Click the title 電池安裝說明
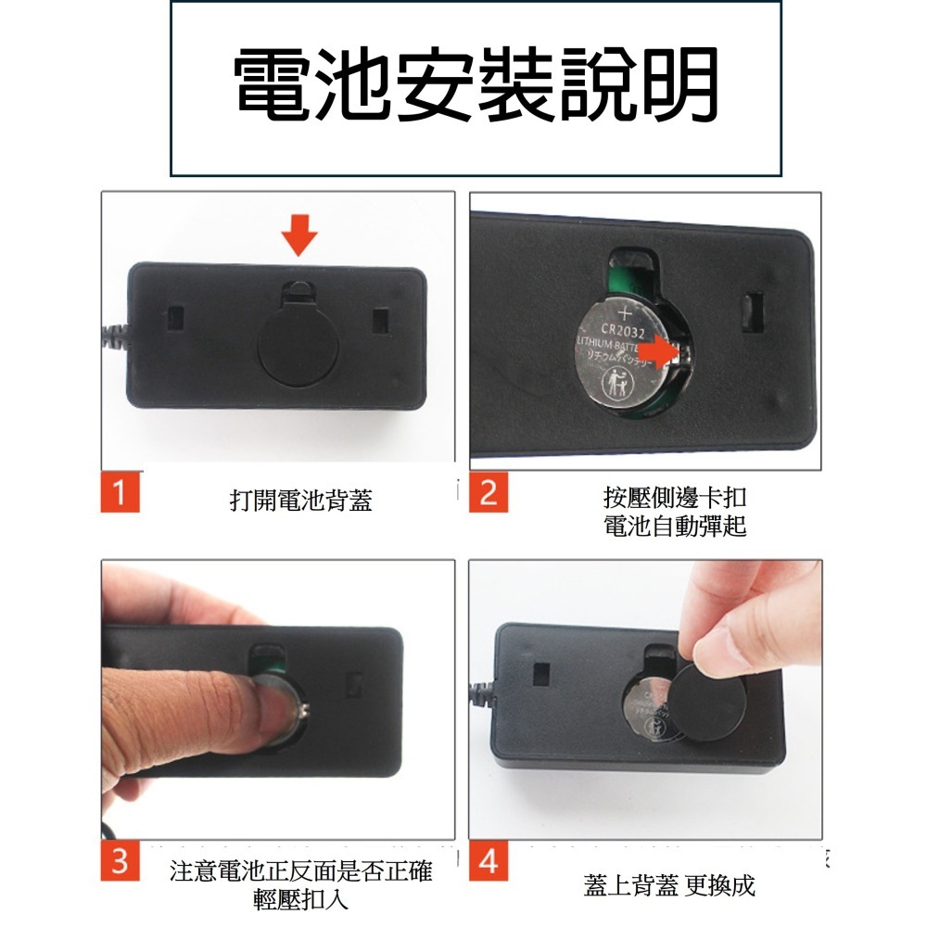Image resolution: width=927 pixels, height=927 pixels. [x=476, y=86]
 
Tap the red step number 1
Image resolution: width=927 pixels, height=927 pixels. [x=121, y=491]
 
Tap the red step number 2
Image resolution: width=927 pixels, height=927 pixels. [x=488, y=491]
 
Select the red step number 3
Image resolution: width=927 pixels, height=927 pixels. [x=121, y=861]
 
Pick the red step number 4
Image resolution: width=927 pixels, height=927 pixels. [x=488, y=861]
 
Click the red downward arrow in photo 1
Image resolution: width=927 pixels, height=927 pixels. [x=298, y=235]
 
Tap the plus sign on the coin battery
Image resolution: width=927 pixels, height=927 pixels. [x=623, y=312]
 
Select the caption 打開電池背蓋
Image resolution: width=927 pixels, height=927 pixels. [x=301, y=502]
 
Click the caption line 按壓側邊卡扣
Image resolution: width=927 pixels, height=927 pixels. [x=675, y=501]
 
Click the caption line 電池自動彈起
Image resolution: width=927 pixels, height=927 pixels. [x=675, y=527]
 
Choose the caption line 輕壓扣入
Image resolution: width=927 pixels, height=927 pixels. [x=301, y=899]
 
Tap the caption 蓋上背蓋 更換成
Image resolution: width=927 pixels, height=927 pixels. [x=669, y=885]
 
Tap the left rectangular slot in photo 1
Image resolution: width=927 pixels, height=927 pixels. [x=175, y=319]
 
